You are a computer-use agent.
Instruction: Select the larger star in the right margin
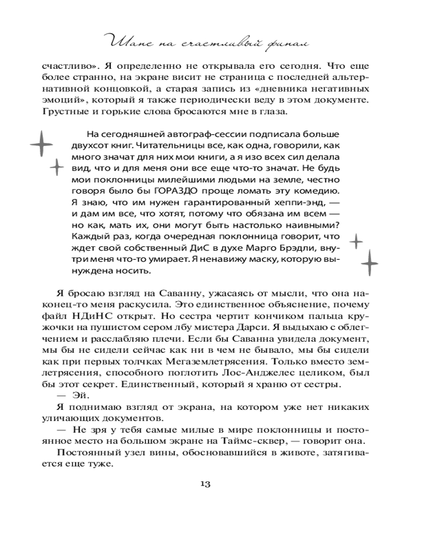369,263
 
